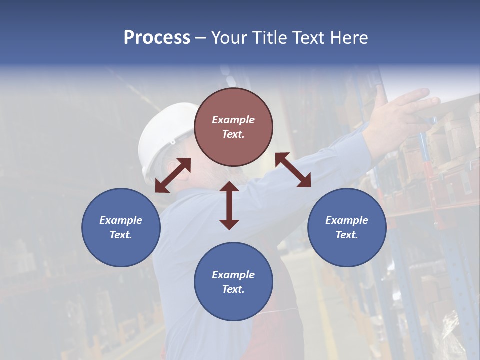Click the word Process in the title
coord(157,38)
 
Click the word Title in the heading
coord(269,38)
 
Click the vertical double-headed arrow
coord(229,205)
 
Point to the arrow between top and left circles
coord(173,175)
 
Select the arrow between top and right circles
coord(293,170)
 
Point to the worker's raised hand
coord(405,107)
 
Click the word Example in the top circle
coord(233,120)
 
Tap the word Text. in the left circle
coord(121,235)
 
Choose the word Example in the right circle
coord(347,220)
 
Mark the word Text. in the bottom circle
coord(233,289)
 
